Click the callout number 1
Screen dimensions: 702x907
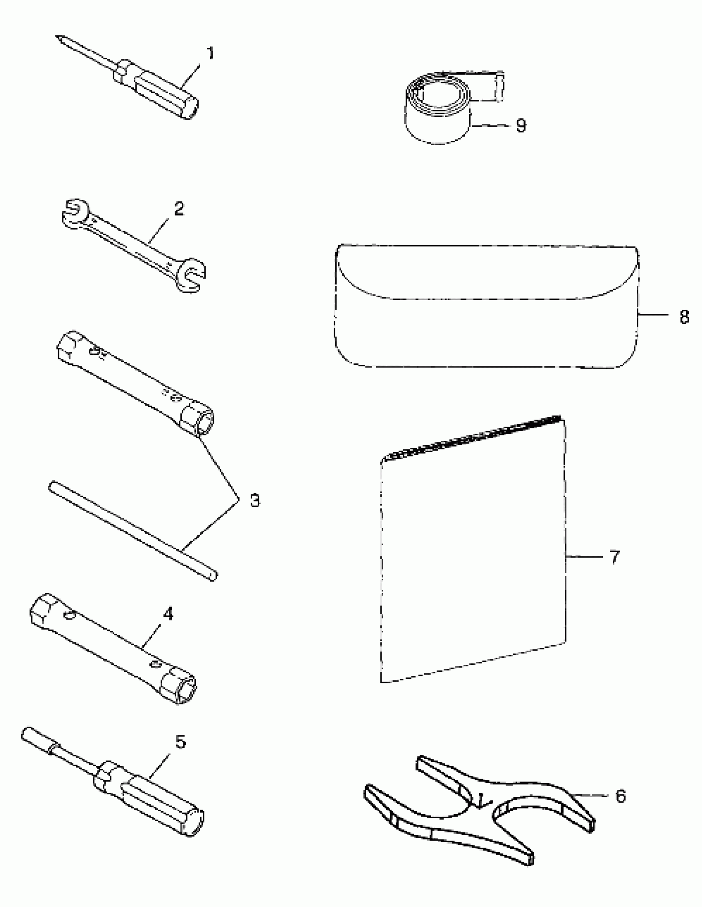tap(210, 54)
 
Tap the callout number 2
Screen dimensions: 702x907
tap(179, 209)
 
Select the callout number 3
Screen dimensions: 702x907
tap(255, 501)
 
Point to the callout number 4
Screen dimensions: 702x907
tap(168, 614)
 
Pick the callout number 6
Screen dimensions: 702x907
tap(620, 796)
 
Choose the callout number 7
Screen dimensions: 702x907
tap(615, 557)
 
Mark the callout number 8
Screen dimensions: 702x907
tap(684, 317)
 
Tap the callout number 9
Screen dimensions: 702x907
tap(521, 125)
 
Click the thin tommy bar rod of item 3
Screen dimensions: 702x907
tap(133, 531)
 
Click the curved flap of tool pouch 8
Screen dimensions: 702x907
tap(486, 274)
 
